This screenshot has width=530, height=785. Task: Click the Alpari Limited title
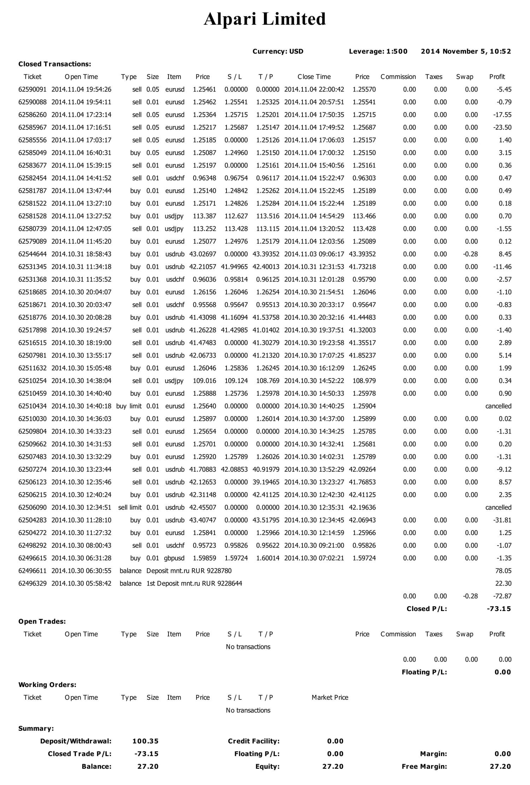tap(265, 19)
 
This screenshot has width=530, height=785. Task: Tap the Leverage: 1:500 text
tap(378, 51)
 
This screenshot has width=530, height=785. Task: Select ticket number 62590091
tap(32, 89)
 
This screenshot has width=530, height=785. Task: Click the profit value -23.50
tap(502, 127)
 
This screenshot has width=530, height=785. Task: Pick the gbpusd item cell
tap(174, 558)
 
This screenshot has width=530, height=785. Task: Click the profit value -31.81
tap(502, 520)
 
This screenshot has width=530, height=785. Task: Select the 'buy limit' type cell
tap(129, 406)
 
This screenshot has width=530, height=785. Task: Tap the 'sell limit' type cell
tap(130, 507)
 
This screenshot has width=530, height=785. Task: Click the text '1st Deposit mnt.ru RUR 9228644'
tap(194, 583)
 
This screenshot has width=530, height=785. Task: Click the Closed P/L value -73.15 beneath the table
tap(499, 609)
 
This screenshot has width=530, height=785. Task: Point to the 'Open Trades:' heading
tap(42, 622)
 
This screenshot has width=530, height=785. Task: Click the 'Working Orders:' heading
tap(47, 685)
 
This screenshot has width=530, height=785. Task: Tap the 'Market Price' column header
tap(330, 698)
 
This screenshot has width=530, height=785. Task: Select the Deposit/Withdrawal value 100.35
tap(145, 741)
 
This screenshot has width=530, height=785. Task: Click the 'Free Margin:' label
tap(424, 767)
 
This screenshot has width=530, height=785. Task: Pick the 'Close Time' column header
tap(314, 77)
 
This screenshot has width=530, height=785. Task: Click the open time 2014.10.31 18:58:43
tap(81, 254)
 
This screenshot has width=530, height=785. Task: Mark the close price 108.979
tap(364, 381)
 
